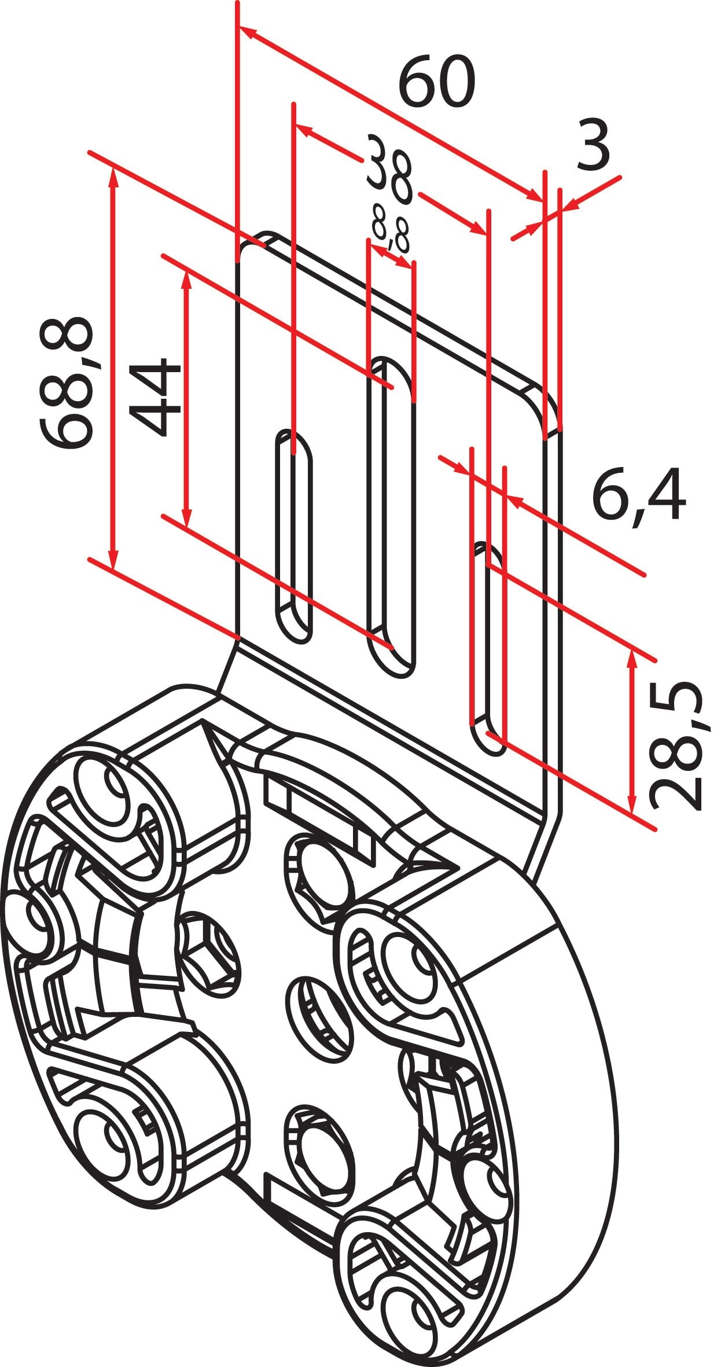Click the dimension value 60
click(437, 82)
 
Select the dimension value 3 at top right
click(593, 146)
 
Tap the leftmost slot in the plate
click(293, 535)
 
